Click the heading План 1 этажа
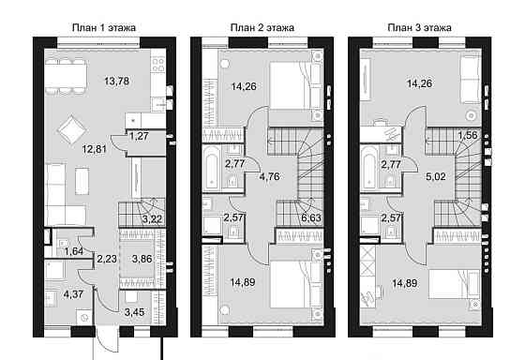tap(104, 27)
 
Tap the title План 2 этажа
tap(262, 27)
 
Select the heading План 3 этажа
tap(420, 27)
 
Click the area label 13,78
tap(116, 81)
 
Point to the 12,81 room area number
tap(95, 149)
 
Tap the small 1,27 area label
tap(139, 136)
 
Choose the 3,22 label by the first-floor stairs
tap(152, 219)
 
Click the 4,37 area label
tap(73, 294)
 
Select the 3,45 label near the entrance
tap(134, 312)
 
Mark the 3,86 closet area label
tap(142, 259)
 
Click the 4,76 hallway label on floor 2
tap(270, 176)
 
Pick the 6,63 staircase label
tap(311, 218)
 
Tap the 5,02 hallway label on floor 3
tap(436, 176)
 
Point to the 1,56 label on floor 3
tap(468, 135)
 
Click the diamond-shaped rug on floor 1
tap(72, 129)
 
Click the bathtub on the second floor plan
tap(213, 168)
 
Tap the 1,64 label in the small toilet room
tap(74, 251)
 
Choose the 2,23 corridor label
tap(107, 259)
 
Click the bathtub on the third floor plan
tap(370, 168)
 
